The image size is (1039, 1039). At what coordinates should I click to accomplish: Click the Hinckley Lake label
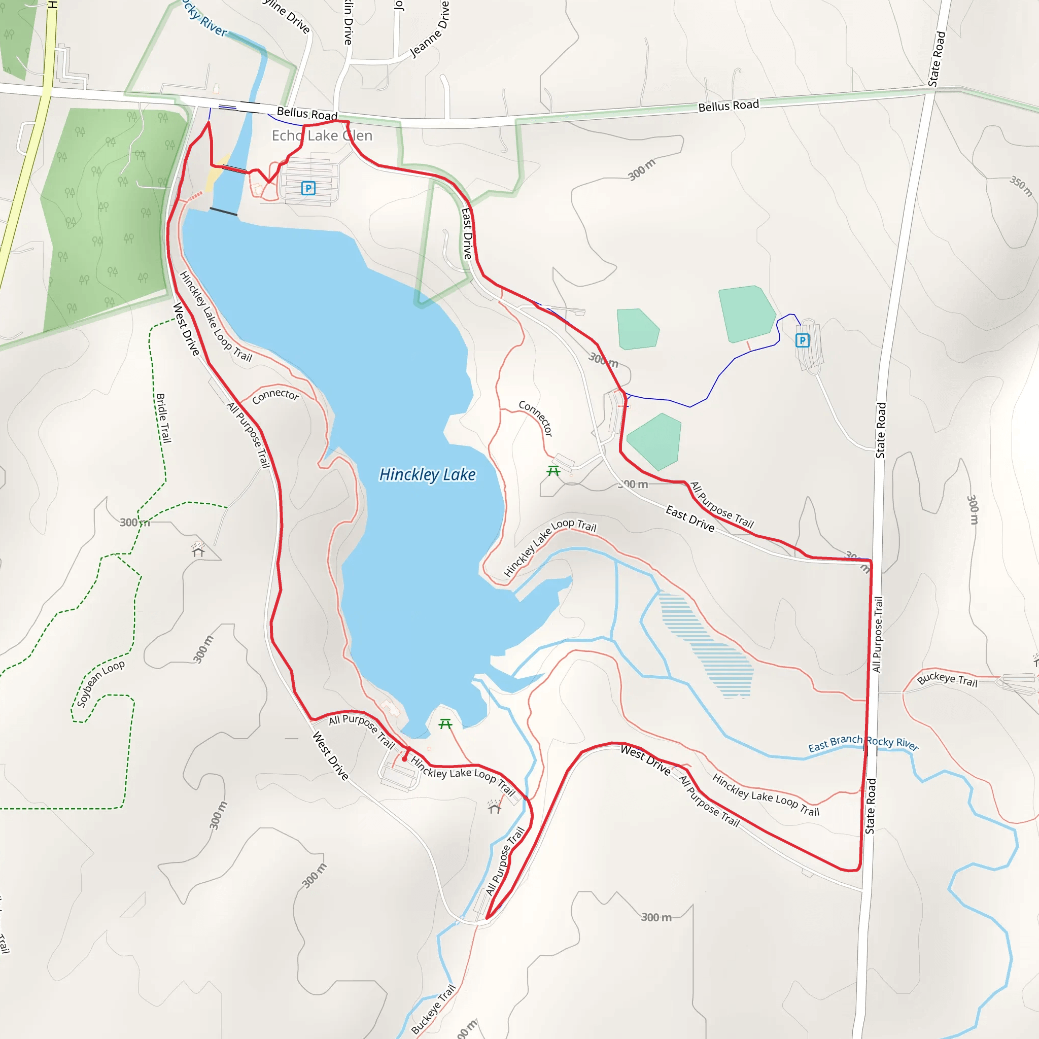(428, 475)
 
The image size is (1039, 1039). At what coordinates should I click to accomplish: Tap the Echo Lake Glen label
(322, 135)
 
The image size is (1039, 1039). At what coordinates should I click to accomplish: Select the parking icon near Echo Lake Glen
(308, 188)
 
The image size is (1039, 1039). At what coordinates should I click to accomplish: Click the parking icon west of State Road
(803, 340)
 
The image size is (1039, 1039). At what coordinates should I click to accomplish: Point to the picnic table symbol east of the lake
(553, 471)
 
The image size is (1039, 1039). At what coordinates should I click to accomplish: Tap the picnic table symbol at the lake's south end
(445, 724)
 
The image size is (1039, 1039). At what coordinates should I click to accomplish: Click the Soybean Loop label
(100, 683)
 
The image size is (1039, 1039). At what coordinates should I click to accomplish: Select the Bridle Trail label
(163, 419)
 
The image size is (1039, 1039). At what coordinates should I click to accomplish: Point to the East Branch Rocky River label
(863, 743)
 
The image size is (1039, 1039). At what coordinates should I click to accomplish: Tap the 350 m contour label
(1021, 186)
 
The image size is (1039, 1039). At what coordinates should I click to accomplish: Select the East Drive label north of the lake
(467, 233)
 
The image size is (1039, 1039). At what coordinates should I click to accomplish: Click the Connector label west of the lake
(275, 395)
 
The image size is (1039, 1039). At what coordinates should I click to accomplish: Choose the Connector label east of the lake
(536, 418)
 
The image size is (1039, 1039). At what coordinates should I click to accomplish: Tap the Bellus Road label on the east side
(729, 106)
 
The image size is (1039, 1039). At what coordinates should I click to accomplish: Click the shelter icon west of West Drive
(198, 550)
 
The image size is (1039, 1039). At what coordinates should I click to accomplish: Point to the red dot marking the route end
(404, 759)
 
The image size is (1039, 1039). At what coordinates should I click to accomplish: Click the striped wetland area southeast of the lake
(710, 645)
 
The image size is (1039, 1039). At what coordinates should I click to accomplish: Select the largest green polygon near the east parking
(746, 314)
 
